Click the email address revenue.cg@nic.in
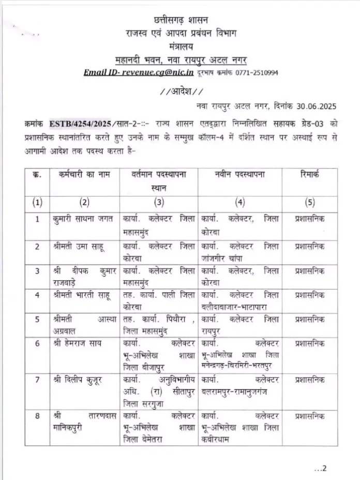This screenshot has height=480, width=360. (x=162, y=72)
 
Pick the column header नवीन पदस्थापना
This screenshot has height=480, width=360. (x=239, y=175)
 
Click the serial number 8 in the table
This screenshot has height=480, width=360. (x=37, y=415)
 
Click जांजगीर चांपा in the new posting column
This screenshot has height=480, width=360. (x=224, y=256)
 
